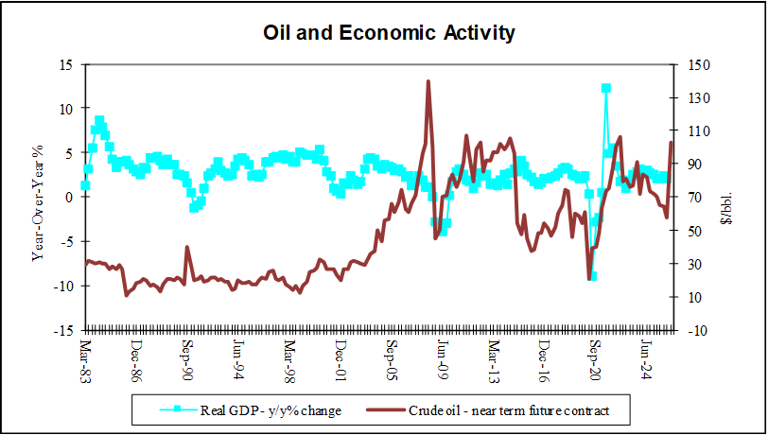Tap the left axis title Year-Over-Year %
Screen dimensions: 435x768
pyautogui.click(x=39, y=198)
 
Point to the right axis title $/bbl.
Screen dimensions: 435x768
pyautogui.click(x=725, y=198)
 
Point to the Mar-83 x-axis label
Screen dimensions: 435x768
pyautogui.click(x=85, y=359)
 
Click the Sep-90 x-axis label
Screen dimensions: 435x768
pyautogui.click(x=187, y=359)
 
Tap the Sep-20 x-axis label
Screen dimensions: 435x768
pyautogui.click(x=594, y=359)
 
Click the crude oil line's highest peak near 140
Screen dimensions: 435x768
pyautogui.click(x=428, y=81)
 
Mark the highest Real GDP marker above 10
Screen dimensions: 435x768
pyautogui.click(x=605, y=88)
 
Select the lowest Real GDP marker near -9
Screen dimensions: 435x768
pyautogui.click(x=593, y=276)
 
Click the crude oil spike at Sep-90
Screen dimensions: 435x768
pyautogui.click(x=186, y=247)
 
